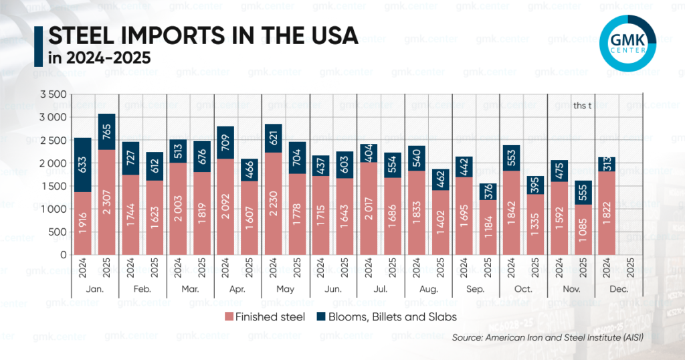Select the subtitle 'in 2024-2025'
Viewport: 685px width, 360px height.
click(100, 59)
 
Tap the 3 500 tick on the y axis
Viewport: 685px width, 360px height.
click(54, 94)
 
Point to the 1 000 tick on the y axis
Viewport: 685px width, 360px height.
click(54, 209)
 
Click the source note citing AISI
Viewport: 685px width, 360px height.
click(547, 338)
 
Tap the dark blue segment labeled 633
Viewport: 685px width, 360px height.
click(83, 165)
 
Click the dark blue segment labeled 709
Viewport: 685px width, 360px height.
click(225, 143)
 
